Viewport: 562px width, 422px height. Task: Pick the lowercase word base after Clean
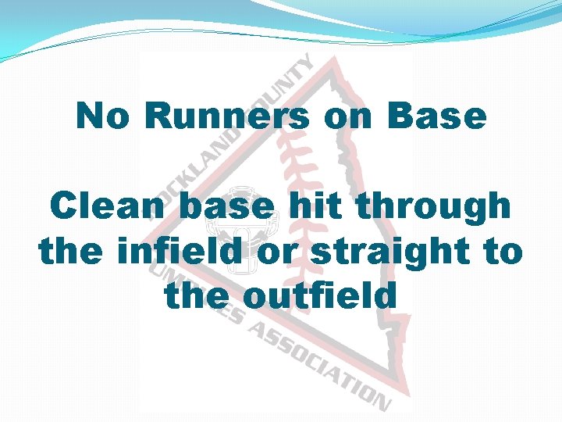click(x=227, y=207)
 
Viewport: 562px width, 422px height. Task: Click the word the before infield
click(x=70, y=252)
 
